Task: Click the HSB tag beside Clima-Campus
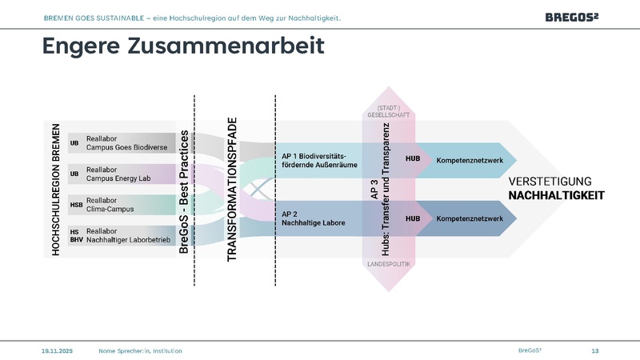[76, 205]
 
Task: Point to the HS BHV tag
[75, 235]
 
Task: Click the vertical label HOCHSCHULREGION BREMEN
[56, 190]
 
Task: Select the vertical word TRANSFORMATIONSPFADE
[232, 190]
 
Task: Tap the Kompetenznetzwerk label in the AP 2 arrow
[469, 218]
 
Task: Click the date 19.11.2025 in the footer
[57, 350]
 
